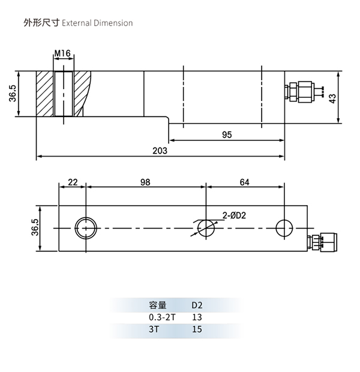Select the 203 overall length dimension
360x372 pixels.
(160, 151)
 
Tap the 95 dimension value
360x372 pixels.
(226, 135)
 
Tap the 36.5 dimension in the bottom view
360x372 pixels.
(35, 228)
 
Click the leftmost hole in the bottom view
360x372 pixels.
(86, 228)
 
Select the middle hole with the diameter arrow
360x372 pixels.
(206, 228)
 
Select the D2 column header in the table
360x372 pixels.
(197, 304)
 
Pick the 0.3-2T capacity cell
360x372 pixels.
(163, 316)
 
